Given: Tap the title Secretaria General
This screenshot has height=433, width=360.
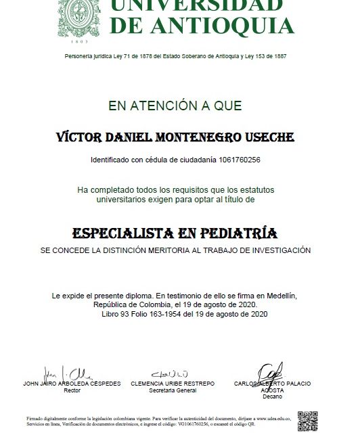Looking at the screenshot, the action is (173, 390).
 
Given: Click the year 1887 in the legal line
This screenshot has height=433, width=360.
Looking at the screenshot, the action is (278, 55).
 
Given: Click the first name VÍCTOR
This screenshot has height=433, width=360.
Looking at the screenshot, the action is (77, 137).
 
